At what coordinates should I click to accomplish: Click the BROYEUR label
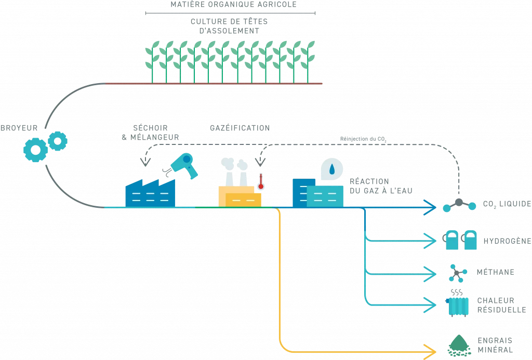19,128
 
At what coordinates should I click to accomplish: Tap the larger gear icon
35,150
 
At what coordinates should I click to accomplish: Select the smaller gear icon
57,141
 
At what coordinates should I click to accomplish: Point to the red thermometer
261,181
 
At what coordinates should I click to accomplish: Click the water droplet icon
332,169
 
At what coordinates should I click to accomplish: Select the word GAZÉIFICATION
240,128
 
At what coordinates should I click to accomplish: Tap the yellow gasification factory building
240,196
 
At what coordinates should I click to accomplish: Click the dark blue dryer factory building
150,193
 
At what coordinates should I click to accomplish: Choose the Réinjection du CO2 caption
363,139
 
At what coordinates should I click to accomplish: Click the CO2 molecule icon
459,205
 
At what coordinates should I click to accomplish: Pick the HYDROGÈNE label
507,241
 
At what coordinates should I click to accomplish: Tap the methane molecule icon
457,273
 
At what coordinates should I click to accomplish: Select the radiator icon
457,304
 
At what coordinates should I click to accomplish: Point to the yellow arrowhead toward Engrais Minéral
430,352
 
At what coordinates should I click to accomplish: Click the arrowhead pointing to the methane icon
430,274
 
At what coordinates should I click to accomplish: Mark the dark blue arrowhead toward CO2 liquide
430,207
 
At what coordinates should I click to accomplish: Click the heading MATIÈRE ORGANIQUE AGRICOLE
233,4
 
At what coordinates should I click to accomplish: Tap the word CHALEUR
496,301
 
